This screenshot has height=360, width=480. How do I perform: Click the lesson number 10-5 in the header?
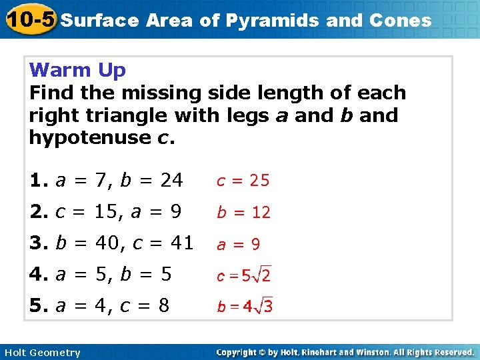(x=29, y=19)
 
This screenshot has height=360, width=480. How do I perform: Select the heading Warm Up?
(x=78, y=70)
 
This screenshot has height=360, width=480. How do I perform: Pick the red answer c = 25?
(x=241, y=180)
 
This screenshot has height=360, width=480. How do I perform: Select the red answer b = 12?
(x=243, y=213)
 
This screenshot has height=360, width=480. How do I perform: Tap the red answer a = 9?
(x=237, y=245)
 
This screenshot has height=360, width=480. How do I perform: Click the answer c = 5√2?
(x=243, y=275)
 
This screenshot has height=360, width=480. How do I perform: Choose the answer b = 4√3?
(x=244, y=307)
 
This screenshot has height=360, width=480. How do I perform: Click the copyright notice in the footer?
(x=345, y=352)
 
